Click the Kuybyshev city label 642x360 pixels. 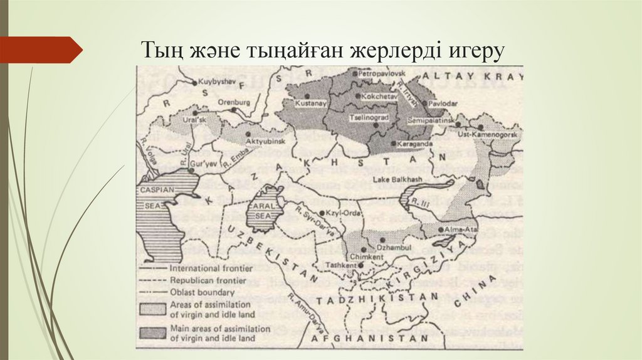(x=217, y=82)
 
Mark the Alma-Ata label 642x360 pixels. (x=461, y=231)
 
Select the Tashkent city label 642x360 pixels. (x=337, y=265)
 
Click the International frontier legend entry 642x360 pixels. (x=203, y=267)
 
